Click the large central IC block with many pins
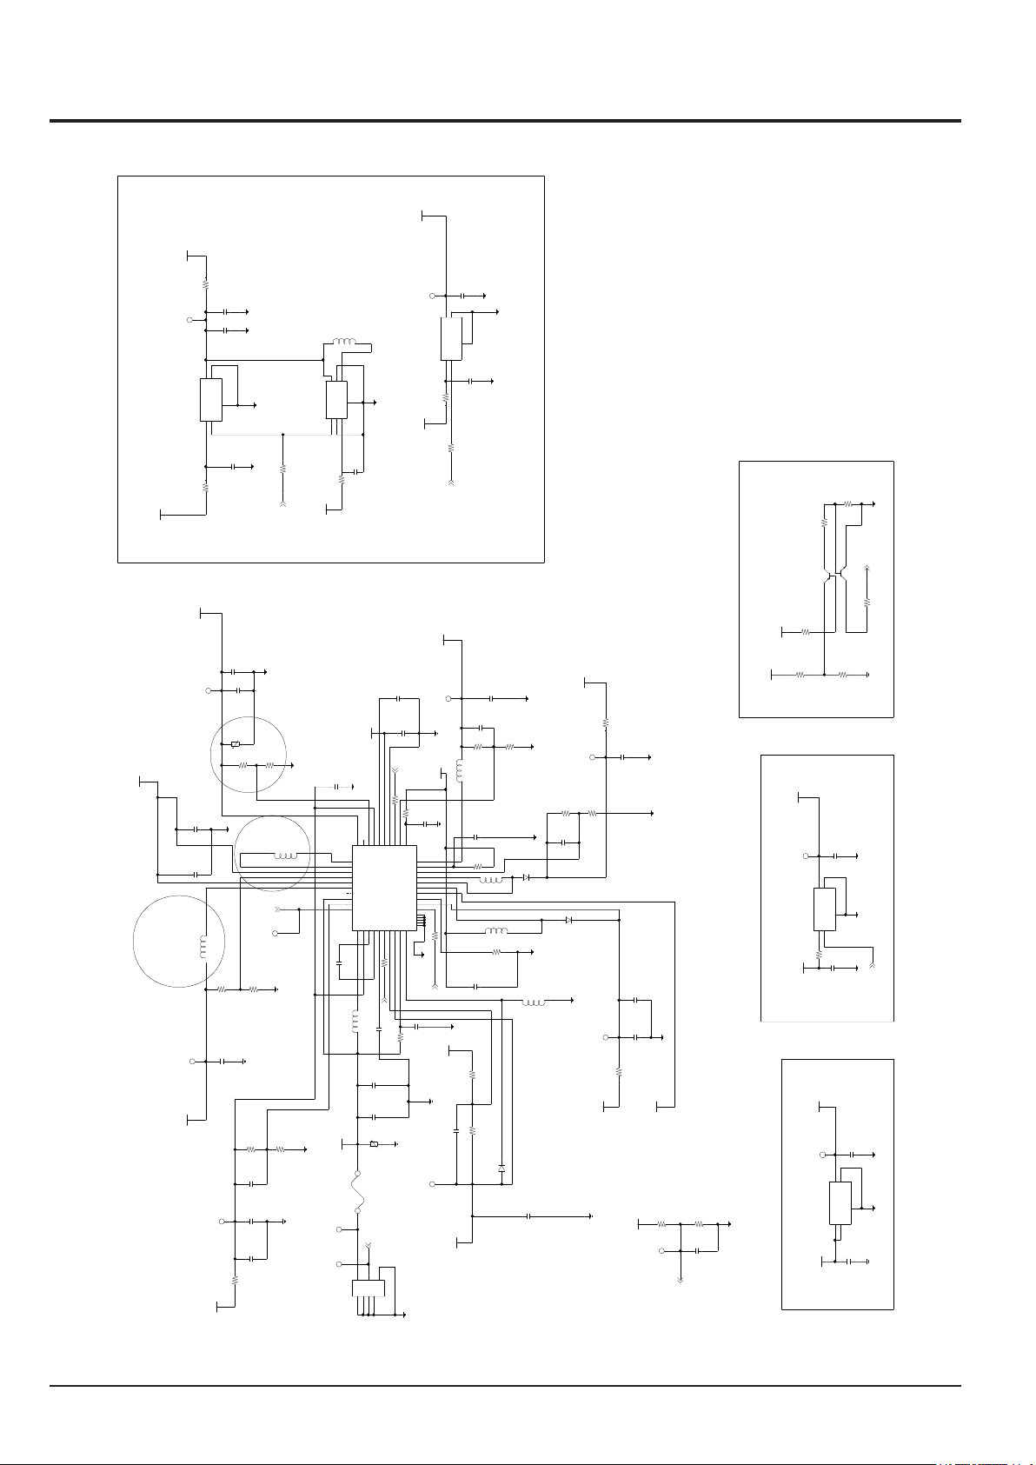pos(384,887)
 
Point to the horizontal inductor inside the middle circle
pos(285,856)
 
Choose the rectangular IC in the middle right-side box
pos(824,909)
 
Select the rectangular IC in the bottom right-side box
pos(840,1203)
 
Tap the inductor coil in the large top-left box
pos(344,342)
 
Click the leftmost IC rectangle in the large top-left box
pos(211,400)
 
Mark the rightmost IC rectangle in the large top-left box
pos(450,339)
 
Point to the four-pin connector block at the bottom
pos(368,1288)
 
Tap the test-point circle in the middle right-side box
pos(806,856)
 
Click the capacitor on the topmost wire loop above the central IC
pos(397,698)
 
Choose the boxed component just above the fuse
pos(374,1143)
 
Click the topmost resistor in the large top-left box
pos(206,283)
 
